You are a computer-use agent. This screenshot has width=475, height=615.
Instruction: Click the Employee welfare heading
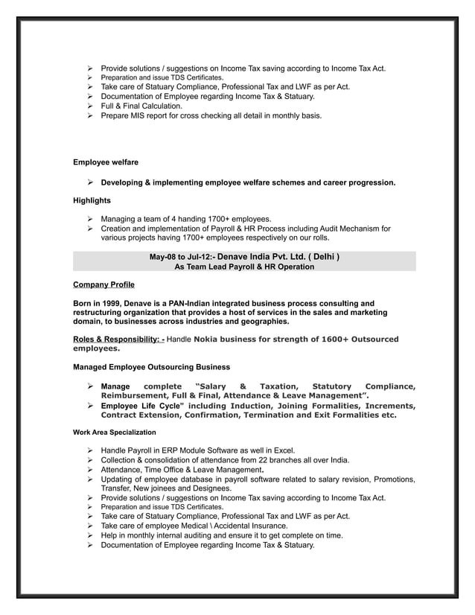coord(105,162)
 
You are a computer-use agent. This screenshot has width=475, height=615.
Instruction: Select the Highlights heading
coord(92,200)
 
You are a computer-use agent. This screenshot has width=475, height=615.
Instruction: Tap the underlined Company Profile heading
coord(103,284)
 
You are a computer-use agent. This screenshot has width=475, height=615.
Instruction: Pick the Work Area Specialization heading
coord(114,432)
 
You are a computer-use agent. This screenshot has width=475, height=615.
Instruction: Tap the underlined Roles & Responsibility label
coord(118,340)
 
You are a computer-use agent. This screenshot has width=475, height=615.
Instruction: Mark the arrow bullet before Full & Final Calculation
coord(89,106)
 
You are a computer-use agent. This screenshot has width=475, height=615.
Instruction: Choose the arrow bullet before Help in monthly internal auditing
coord(89,535)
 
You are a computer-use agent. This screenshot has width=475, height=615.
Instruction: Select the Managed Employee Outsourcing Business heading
coord(151,367)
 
